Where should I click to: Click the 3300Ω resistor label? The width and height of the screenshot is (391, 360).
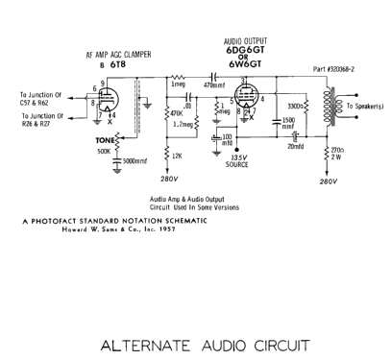(x=298, y=106)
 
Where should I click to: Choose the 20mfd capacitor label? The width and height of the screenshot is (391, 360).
(x=294, y=147)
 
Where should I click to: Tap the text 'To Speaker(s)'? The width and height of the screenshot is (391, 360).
(x=367, y=105)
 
